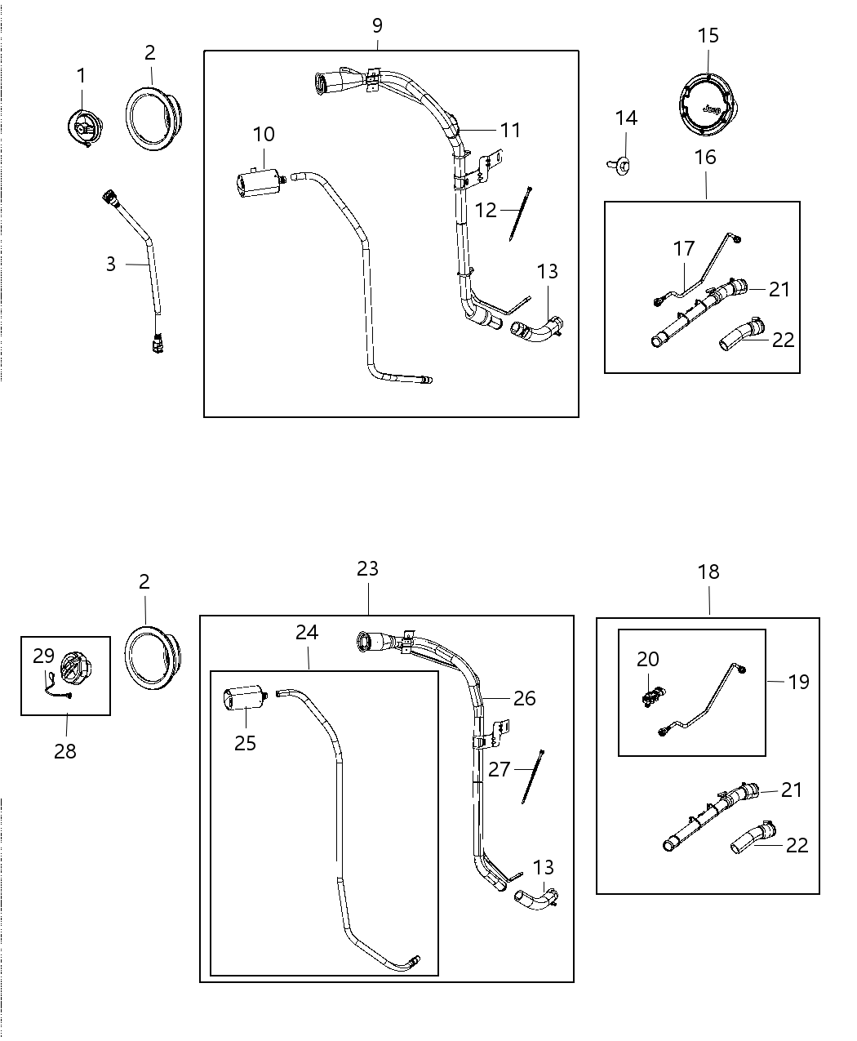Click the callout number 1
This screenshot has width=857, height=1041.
(81, 76)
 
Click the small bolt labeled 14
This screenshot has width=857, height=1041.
(623, 166)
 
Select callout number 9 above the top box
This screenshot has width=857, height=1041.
(377, 25)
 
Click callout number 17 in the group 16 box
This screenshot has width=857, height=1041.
(683, 247)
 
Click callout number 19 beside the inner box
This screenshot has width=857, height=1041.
(798, 681)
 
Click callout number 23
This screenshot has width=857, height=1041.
(367, 568)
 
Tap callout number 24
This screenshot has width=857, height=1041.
(307, 632)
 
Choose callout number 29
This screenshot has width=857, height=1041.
(43, 655)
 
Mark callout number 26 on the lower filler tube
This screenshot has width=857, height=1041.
(524, 698)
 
